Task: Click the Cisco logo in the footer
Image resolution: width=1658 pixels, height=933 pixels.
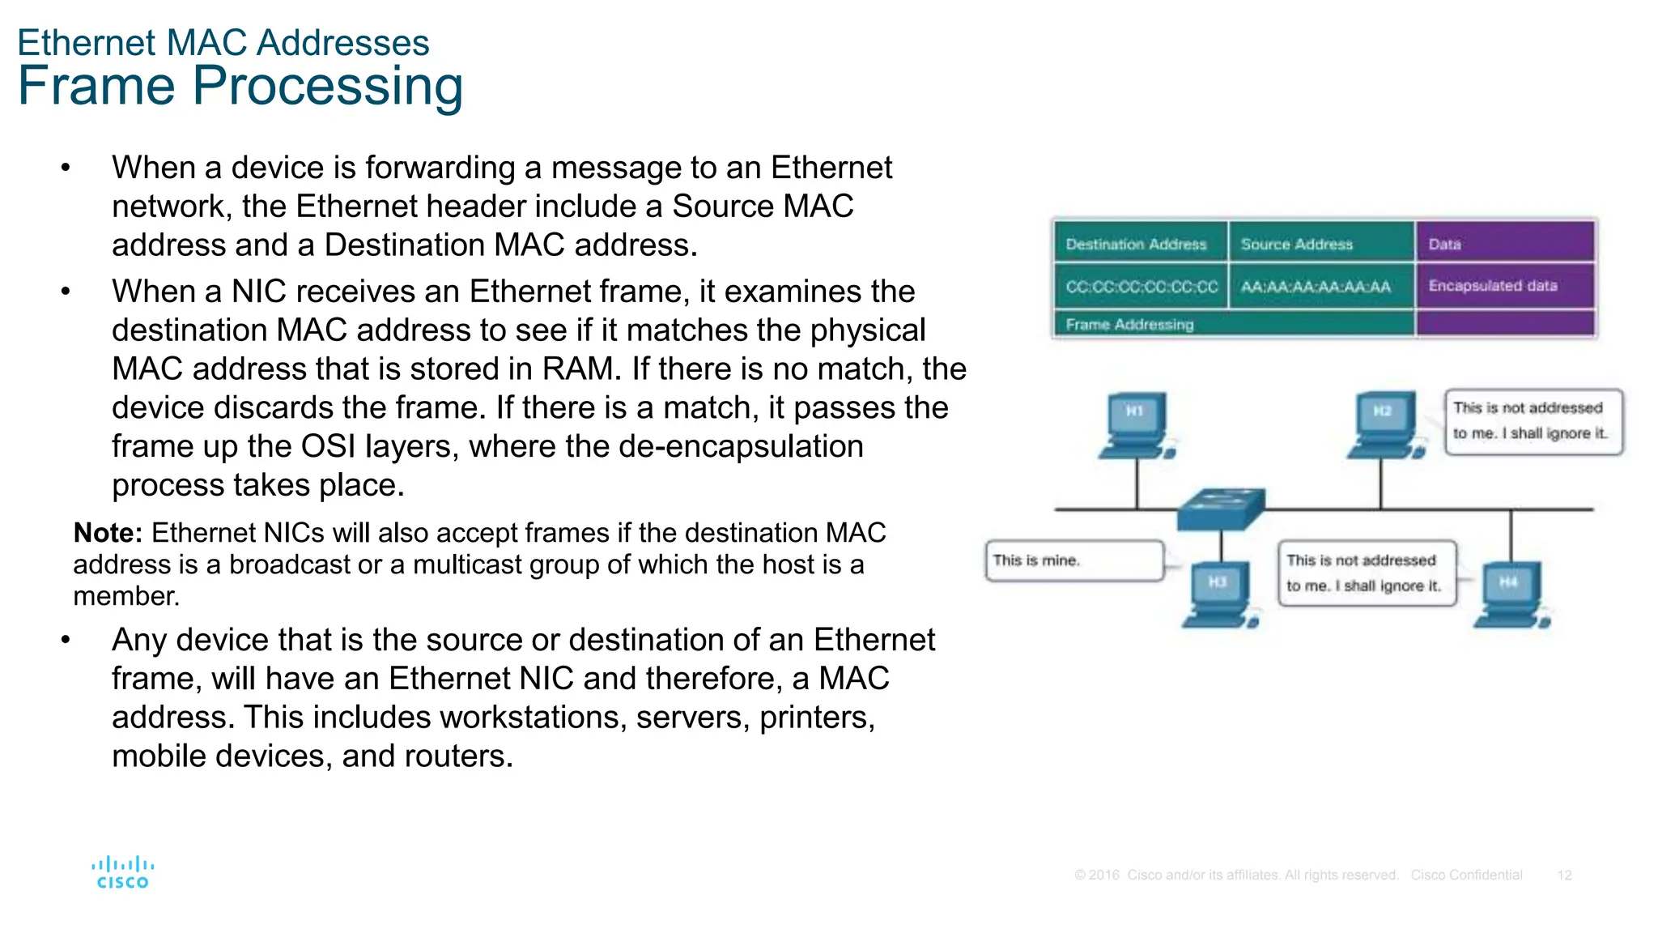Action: (122, 873)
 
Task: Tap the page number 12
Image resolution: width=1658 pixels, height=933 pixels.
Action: (1564, 875)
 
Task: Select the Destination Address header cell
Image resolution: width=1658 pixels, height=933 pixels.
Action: (1137, 244)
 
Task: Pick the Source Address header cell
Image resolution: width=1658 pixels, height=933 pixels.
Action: (1297, 244)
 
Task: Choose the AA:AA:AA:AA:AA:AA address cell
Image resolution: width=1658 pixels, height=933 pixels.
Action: (1316, 287)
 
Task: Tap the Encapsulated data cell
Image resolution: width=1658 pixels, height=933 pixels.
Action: (1493, 286)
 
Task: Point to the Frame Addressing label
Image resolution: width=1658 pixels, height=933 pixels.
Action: (1130, 325)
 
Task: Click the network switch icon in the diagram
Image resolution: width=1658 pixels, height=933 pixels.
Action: (1221, 509)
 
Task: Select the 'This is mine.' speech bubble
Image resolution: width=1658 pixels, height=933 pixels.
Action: (1074, 560)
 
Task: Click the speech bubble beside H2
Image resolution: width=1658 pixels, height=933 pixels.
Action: (1533, 421)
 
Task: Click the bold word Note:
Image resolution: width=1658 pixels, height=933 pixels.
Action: (108, 533)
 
